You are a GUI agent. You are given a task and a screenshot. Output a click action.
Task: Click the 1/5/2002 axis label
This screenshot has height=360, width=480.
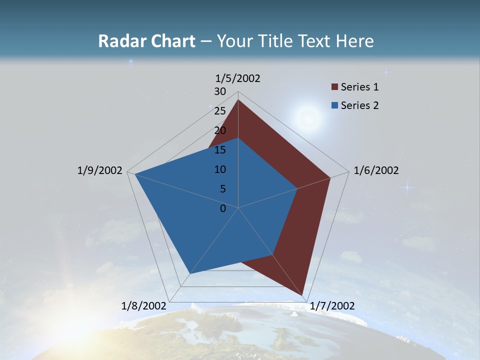[238, 78]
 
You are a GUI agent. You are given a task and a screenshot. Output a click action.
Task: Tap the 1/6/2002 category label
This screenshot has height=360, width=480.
[376, 170]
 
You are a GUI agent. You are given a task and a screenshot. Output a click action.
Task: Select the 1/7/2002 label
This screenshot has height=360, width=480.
[332, 306]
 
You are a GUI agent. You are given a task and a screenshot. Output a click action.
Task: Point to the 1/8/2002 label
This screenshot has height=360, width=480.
[144, 306]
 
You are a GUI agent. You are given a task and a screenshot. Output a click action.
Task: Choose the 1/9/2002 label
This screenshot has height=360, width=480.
[99, 170]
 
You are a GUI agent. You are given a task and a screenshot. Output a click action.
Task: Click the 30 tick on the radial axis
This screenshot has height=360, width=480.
[220, 91]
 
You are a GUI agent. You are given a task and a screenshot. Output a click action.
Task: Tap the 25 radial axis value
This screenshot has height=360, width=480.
[220, 111]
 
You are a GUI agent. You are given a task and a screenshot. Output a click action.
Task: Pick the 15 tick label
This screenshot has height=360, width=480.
[220, 150]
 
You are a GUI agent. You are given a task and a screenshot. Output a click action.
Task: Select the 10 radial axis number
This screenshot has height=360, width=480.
[220, 169]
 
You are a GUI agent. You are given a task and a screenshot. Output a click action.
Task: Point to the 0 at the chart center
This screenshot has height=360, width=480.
[223, 208]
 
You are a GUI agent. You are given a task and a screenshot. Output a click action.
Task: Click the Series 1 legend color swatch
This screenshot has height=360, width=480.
[334, 87]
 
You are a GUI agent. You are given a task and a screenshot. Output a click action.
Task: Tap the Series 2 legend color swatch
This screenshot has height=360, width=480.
[334, 105]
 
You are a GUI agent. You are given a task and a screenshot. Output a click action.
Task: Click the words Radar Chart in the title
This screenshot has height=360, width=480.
[146, 41]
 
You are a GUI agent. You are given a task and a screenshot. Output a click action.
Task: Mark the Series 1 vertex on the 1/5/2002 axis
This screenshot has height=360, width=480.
[238, 99]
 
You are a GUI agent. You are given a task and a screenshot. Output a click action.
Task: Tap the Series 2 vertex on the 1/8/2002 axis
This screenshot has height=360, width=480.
[189, 273]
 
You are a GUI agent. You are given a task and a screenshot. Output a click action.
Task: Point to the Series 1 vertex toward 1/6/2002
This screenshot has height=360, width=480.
[330, 177]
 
